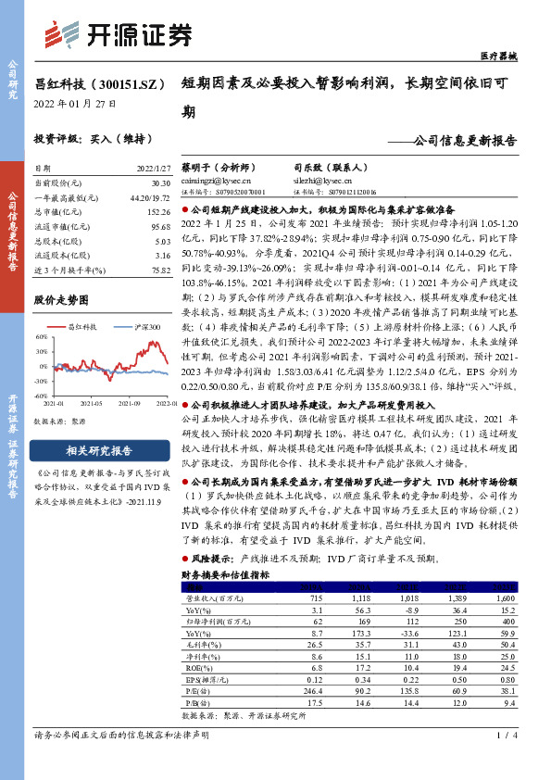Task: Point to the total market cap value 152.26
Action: point(155,213)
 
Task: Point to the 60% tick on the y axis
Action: point(42,339)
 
